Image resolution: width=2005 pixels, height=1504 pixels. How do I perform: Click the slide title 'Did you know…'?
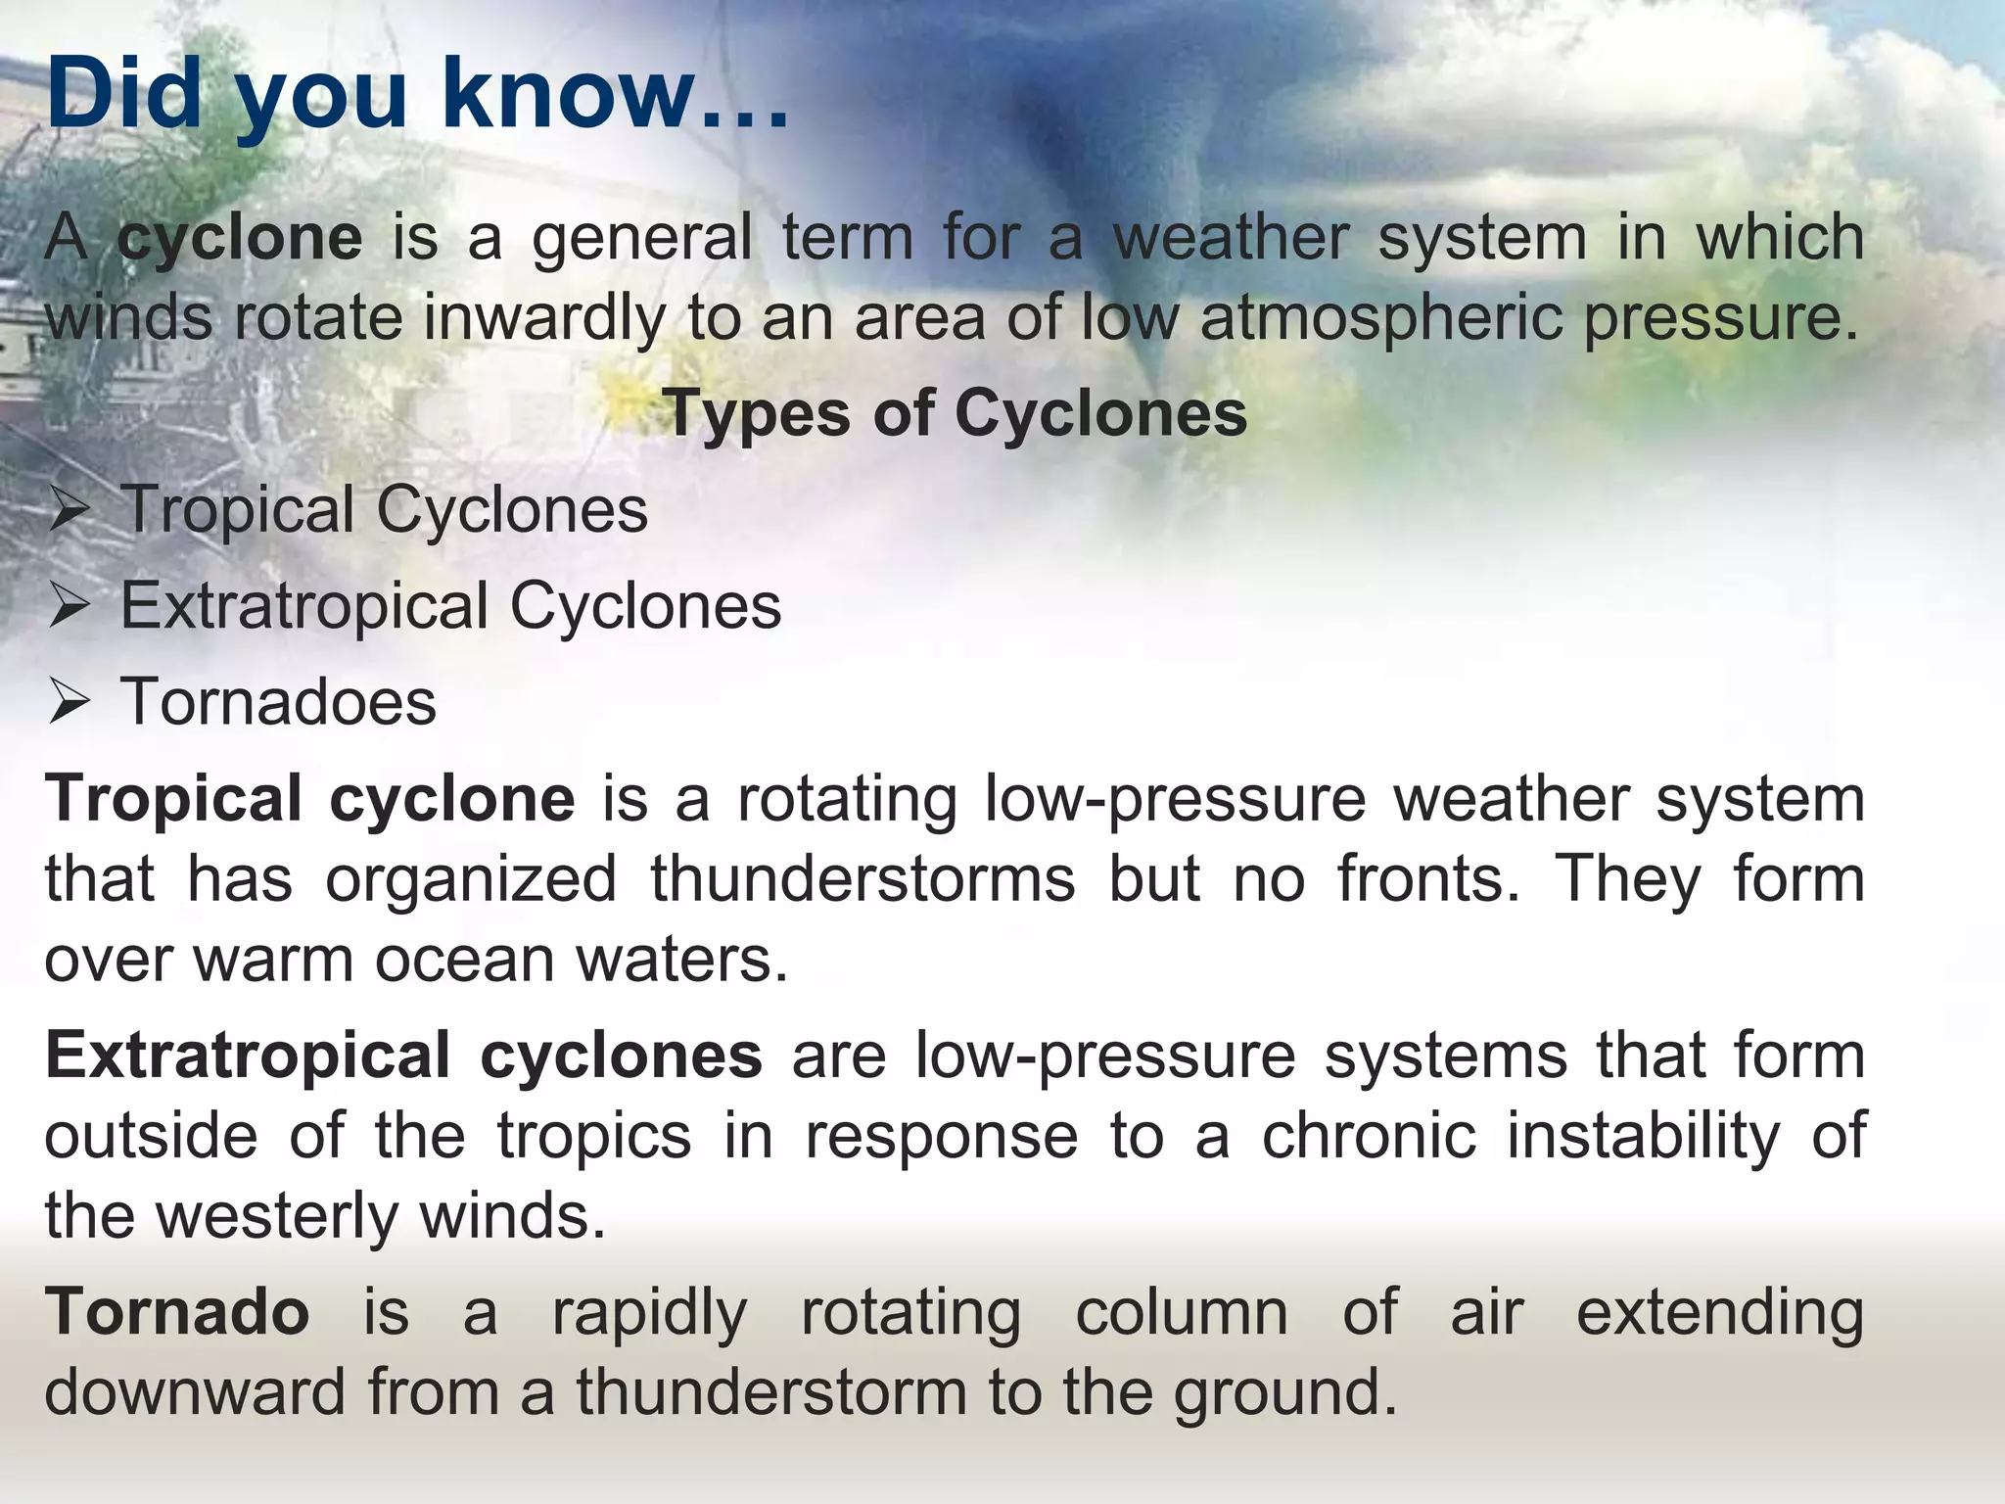click(x=416, y=96)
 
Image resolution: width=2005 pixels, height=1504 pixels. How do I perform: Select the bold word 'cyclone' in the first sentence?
click(x=240, y=238)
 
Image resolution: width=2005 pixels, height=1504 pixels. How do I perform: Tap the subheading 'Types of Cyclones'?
click(x=955, y=413)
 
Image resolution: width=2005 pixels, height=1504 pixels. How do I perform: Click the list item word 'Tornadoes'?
click(x=278, y=702)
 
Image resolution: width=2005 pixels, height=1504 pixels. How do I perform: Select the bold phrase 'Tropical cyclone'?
click(x=309, y=798)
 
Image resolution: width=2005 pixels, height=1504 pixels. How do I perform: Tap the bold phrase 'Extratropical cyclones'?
click(x=403, y=1056)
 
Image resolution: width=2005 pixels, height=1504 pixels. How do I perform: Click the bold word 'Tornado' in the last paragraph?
click(x=177, y=1312)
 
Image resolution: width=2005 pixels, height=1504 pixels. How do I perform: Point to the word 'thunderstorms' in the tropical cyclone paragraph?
click(x=863, y=878)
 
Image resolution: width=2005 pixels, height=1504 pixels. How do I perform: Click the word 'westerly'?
click(x=276, y=1216)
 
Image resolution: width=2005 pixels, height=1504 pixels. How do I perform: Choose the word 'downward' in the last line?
click(x=195, y=1392)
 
